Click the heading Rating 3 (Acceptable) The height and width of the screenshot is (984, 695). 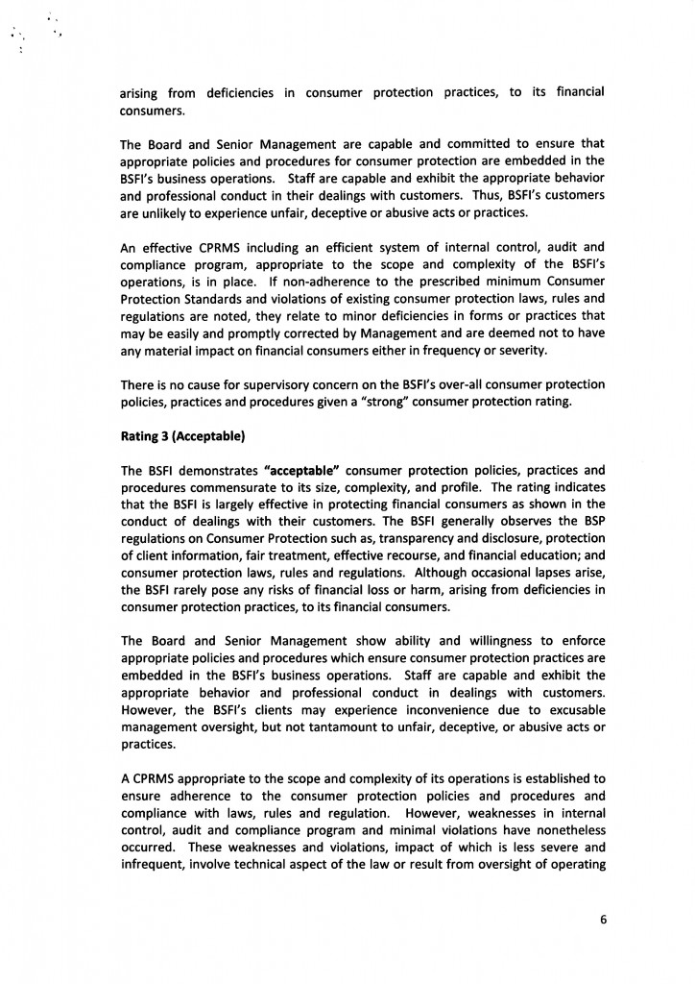pyautogui.click(x=182, y=437)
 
